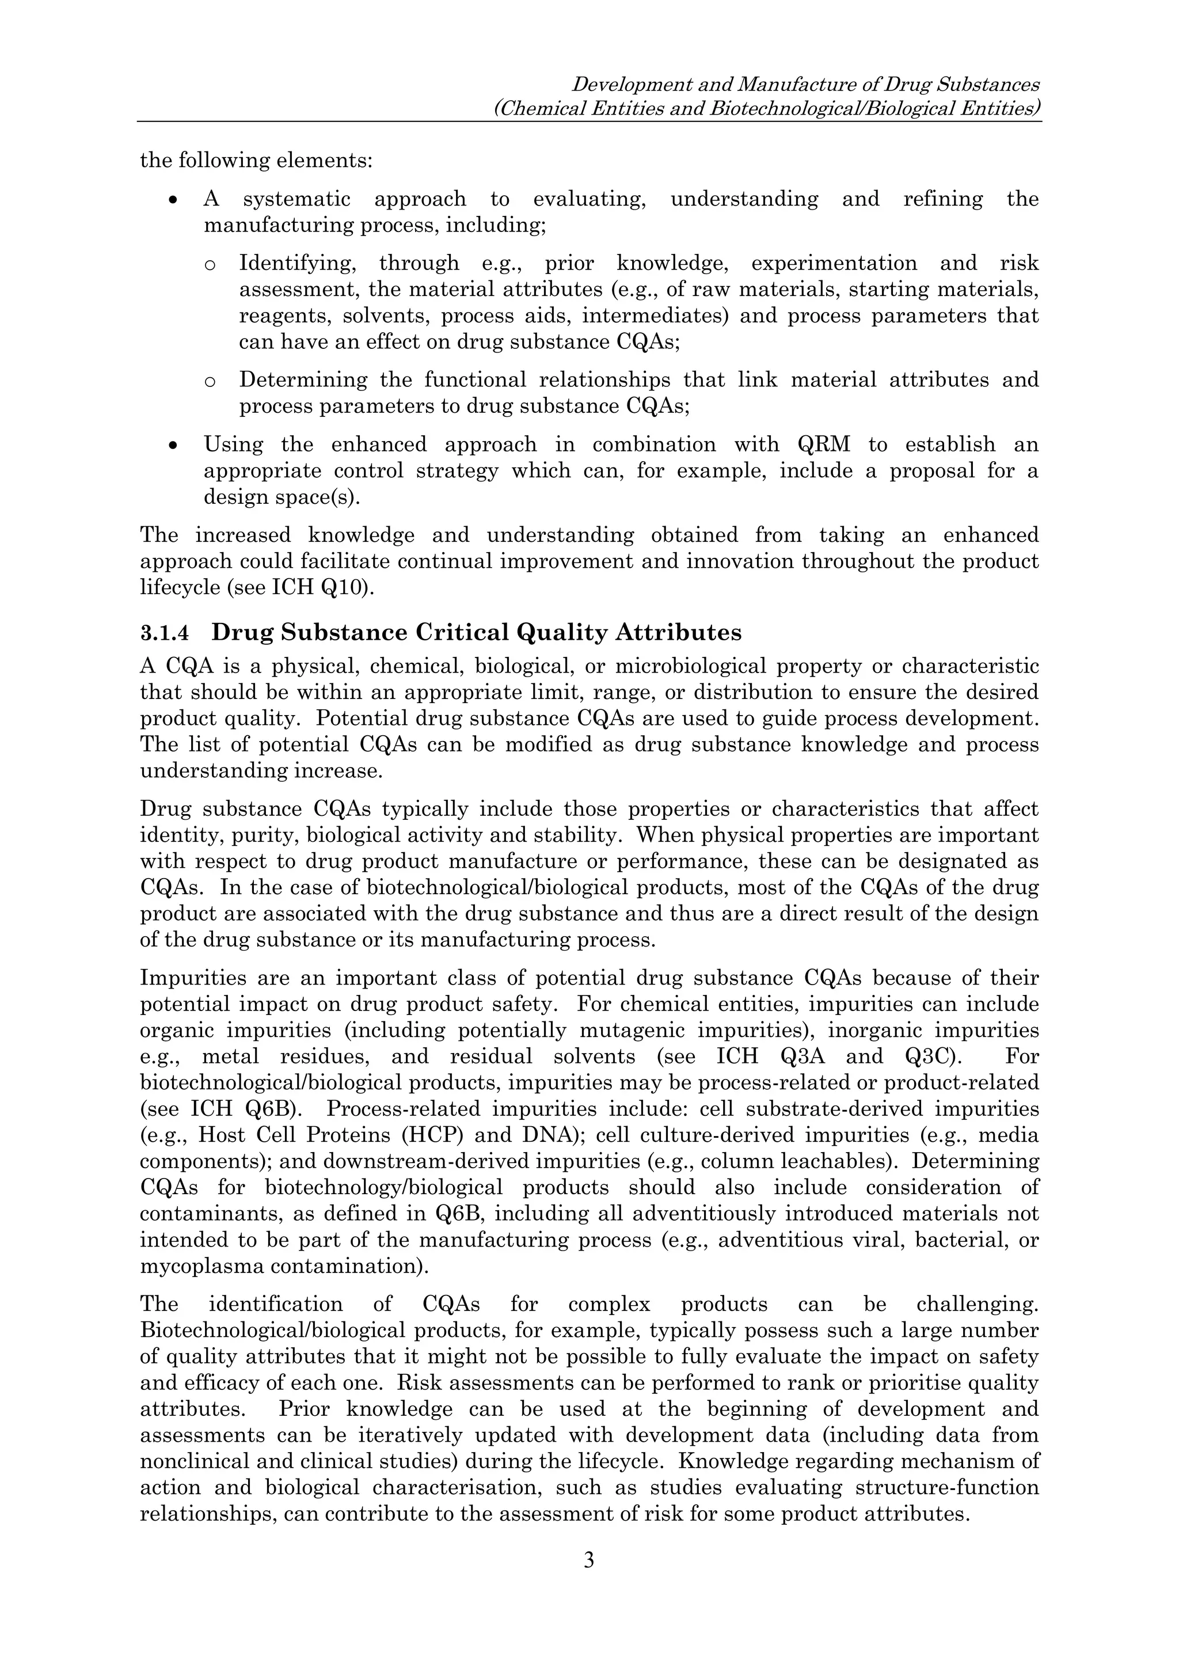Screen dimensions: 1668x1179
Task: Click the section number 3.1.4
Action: tap(164, 633)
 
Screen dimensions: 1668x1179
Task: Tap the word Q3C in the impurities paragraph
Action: tap(927, 1057)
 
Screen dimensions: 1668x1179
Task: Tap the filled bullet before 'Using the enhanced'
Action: tap(172, 444)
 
